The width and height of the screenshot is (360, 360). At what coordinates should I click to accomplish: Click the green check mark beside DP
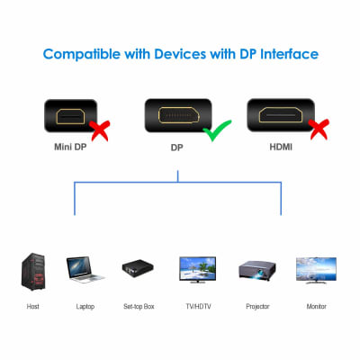coord(213,133)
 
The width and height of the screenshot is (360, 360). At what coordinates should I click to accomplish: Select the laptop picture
coord(85,270)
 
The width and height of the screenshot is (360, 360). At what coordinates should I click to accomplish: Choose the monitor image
coord(315,269)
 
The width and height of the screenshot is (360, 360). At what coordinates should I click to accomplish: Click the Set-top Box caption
coord(139,307)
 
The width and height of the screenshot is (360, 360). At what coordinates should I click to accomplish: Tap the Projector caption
coord(257,307)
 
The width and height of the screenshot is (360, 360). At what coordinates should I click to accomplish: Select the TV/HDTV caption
coord(197,307)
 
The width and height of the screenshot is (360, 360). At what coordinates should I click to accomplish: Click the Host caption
coord(32,307)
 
